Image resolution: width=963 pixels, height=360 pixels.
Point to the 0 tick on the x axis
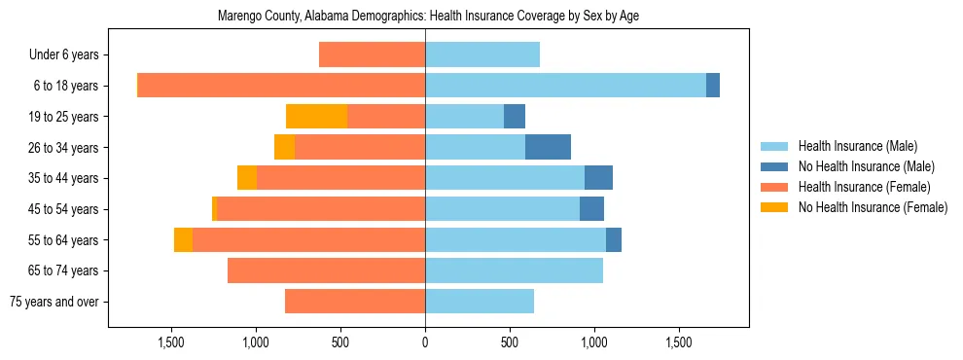click(425, 342)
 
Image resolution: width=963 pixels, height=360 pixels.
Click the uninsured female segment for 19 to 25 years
click(316, 117)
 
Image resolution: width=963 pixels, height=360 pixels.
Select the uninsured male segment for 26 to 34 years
click(548, 148)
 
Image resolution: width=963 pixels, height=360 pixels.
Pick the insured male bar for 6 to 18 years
click(565, 86)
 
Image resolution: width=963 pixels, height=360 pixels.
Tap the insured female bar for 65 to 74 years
click(326, 270)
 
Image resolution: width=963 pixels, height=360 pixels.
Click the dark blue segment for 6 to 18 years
click(713, 86)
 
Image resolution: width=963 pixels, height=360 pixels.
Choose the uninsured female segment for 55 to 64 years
click(183, 240)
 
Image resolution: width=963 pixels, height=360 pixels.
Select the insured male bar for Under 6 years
click(482, 55)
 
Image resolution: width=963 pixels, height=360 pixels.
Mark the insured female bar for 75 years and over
click(355, 302)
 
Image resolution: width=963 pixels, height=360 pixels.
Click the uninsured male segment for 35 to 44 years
click(598, 178)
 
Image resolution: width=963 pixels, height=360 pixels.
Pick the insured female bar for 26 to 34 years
click(360, 148)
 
